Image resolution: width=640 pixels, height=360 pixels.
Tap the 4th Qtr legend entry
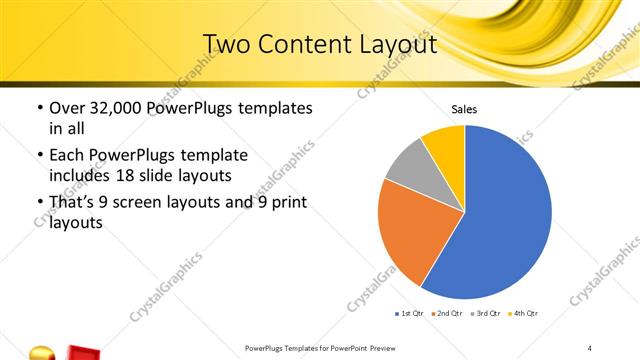[x=525, y=314]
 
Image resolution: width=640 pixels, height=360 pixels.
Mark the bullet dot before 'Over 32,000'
[x=39, y=108]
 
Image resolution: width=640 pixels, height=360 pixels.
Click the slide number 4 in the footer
[x=589, y=348]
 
